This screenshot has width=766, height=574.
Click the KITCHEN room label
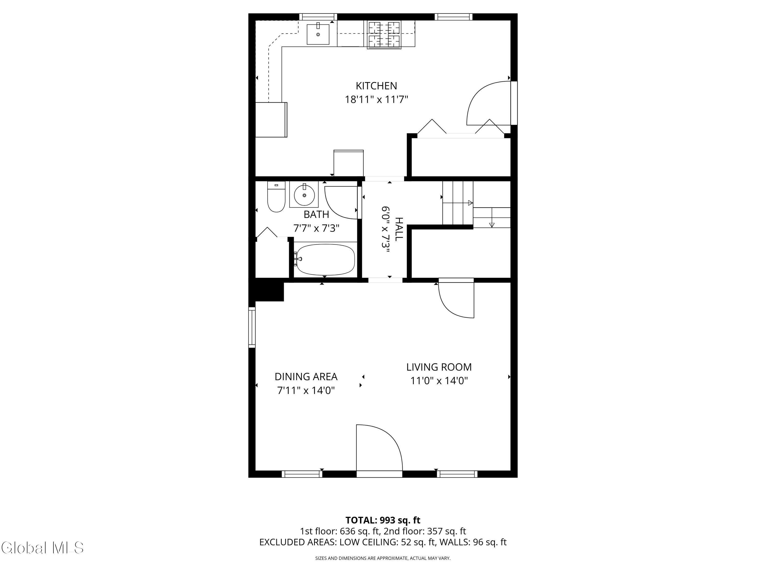(376, 85)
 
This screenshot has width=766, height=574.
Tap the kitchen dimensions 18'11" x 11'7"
(376, 100)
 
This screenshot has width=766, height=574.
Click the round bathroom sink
(304, 195)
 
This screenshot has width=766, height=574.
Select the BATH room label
(316, 215)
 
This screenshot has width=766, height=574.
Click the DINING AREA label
(306, 377)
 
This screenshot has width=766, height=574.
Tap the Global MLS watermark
(42, 548)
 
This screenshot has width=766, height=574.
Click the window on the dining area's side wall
(252, 327)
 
